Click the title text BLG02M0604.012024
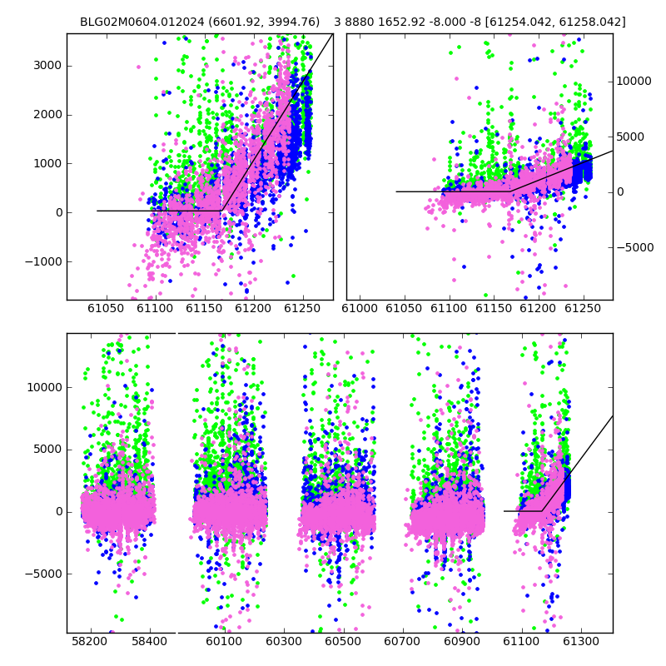tap(142, 22)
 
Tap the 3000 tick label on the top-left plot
tap(47, 66)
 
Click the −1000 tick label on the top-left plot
tap(44, 261)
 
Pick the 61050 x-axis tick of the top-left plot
tap(106, 308)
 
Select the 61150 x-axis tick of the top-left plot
tap(204, 308)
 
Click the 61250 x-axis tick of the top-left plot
tap(302, 308)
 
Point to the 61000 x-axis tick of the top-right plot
tap(360, 308)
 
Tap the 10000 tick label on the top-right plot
tap(634, 81)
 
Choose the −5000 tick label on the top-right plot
tap(635, 247)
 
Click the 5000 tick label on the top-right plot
tap(630, 137)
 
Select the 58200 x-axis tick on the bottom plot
tap(90, 641)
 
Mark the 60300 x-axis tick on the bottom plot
tap(283, 641)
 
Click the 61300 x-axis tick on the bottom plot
tap(580, 641)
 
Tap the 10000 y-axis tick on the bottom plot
tap(45, 387)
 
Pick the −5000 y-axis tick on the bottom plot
tap(44, 574)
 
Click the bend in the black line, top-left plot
tap(221, 211)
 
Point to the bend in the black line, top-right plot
tap(510, 191)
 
